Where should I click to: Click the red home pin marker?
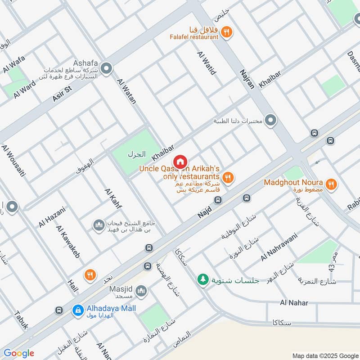180,162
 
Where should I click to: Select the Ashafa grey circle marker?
107,69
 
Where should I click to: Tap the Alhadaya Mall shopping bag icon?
78,310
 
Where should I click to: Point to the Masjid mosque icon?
141,292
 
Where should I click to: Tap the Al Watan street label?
126,91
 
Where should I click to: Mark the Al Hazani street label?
52,217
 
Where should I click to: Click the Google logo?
19,353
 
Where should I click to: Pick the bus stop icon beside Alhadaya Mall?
58,310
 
